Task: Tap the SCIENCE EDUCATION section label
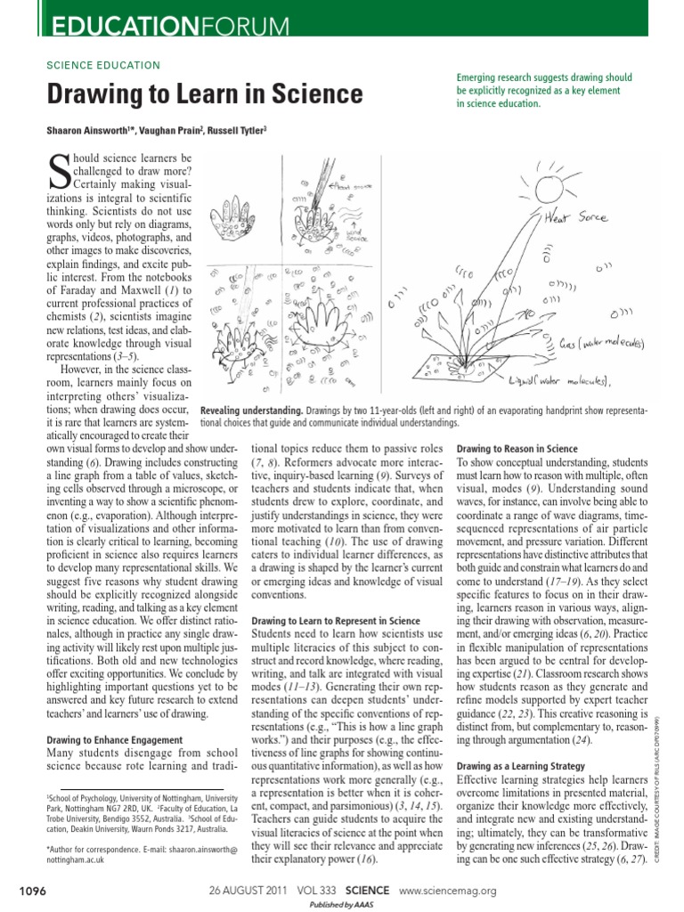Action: click(x=102, y=65)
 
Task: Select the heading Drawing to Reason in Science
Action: click(x=517, y=448)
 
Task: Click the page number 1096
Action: click(x=32, y=890)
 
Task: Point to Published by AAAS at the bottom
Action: click(x=341, y=905)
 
